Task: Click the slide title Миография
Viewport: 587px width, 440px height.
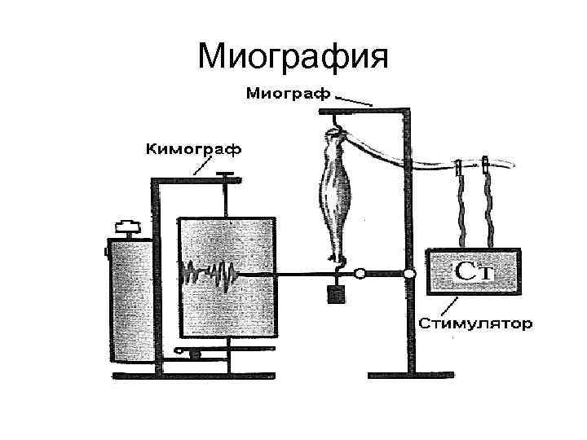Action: pos(294,57)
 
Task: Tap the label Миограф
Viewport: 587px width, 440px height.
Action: pos(289,93)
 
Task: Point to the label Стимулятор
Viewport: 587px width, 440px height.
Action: pos(476,323)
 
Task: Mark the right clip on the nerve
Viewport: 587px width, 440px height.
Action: pos(486,165)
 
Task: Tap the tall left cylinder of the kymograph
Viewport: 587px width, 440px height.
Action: pos(128,297)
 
